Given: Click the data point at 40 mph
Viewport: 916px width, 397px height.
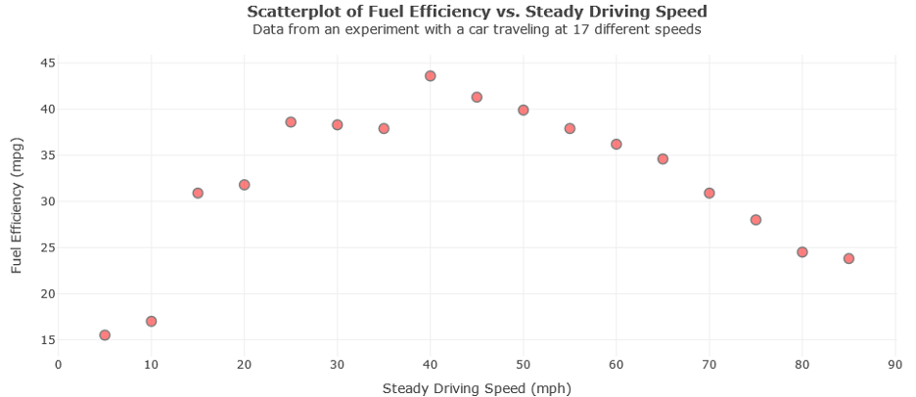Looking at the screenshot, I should coord(430,75).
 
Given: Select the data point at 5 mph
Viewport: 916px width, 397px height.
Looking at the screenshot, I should coord(105,335).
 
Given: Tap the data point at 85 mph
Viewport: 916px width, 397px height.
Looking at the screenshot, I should coord(848,258).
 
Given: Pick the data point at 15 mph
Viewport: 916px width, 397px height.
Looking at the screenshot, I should coord(198,193).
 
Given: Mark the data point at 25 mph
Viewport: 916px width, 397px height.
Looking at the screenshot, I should coord(291,122).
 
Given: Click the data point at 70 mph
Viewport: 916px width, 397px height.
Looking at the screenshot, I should coord(710,193).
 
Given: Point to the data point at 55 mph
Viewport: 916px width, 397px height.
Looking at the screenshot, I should coord(570,128).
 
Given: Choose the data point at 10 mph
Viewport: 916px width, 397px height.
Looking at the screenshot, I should coord(151,321).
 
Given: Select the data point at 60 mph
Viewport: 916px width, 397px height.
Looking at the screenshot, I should coord(617,144).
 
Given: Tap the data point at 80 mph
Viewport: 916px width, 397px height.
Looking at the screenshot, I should coord(802,251).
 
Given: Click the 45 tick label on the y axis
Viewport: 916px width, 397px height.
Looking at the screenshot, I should coord(46,63).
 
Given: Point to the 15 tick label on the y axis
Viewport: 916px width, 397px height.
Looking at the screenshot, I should coord(46,340).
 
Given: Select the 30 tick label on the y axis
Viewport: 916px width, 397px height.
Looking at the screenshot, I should coord(46,201).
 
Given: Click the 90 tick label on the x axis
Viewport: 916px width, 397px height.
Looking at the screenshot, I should coord(894,365).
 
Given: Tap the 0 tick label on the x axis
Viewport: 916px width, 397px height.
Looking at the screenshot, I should coord(59,365).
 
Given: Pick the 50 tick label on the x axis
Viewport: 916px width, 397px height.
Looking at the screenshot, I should coord(524,365).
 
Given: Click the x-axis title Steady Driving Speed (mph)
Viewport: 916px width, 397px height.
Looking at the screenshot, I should coord(477,387).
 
